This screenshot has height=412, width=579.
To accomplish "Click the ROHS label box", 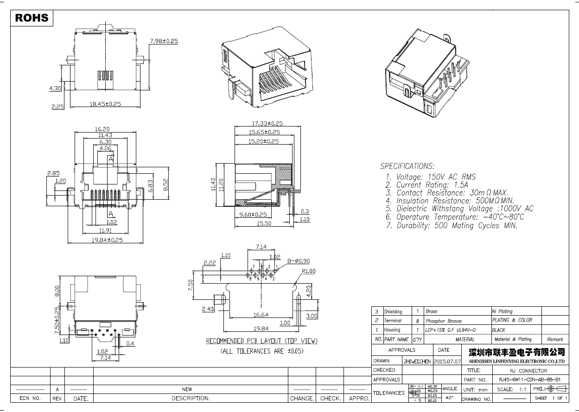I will click(32, 18).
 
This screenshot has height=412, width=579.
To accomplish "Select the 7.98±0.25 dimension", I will click(164, 41).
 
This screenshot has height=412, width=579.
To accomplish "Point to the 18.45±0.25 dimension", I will click(105, 104).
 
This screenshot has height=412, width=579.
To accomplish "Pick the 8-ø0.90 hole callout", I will click(298, 261).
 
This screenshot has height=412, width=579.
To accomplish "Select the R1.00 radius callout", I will click(308, 271).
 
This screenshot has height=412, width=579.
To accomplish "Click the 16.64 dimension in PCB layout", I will click(261, 315).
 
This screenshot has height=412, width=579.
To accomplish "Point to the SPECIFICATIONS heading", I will click(407, 166).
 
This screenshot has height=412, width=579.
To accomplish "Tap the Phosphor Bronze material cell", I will click(444, 321).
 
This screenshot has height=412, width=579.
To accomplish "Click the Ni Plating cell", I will click(502, 311).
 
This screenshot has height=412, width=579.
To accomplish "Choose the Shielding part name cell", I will click(393, 311).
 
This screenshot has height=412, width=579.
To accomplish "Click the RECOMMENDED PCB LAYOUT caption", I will click(262, 341).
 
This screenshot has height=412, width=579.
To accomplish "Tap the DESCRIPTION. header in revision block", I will click(191, 398).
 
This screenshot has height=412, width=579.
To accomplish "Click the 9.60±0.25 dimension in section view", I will click(253, 215).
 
